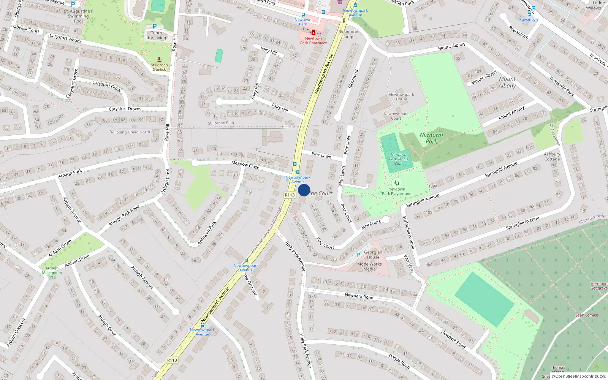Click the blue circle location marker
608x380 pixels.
(x=304, y=190)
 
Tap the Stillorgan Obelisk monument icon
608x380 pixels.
(x=159, y=59)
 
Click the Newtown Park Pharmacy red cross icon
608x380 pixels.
(x=313, y=33)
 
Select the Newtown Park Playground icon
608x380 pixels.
(x=396, y=183)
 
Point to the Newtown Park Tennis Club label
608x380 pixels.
(x=398, y=159)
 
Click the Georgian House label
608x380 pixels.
(x=373, y=255)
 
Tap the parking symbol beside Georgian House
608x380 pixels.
(x=358, y=255)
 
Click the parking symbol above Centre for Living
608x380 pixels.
(x=155, y=26)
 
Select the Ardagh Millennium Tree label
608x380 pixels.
(x=52, y=272)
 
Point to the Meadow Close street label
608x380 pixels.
(x=245, y=165)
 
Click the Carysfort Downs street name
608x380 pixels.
(x=125, y=109)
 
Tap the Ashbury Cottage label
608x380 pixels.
(x=552, y=157)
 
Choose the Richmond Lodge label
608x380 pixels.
(x=348, y=34)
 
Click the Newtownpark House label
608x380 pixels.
(x=401, y=97)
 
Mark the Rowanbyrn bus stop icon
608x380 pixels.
(x=529, y=14)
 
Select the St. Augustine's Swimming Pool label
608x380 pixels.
(x=78, y=16)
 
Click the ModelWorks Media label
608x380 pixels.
(x=369, y=266)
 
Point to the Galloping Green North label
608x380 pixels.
(x=130, y=132)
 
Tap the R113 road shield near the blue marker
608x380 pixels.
(x=290, y=195)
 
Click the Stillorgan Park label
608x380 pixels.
(x=221, y=123)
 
